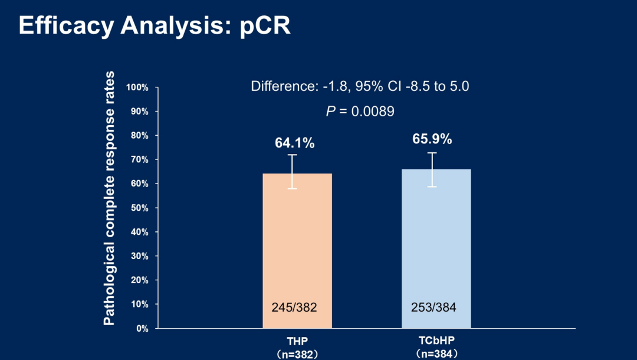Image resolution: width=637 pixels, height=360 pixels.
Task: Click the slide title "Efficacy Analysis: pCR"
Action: coord(155,25)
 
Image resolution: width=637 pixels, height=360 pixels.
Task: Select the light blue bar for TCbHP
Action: coord(436,248)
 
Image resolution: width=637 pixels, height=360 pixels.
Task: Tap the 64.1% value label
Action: coord(295,143)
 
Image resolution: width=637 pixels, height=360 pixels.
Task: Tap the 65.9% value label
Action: coord(432,139)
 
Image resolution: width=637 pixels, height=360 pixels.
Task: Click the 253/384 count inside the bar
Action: coord(434,307)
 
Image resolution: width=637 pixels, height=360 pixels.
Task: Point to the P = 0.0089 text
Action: coord(360,111)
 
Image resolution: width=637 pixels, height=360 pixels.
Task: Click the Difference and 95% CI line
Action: coord(360,86)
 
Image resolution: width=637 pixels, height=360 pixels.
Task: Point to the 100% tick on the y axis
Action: coord(137,87)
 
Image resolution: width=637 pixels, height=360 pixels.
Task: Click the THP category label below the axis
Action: coord(297,341)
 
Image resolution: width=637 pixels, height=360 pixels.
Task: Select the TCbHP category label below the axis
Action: coord(436,341)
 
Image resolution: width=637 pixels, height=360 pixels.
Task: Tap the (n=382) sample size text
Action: coord(297,354)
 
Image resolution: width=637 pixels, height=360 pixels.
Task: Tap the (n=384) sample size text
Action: coord(436,354)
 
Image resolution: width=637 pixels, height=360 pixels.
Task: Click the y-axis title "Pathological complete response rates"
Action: coord(109,198)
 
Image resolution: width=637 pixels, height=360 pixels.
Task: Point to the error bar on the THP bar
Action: coord(293,171)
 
